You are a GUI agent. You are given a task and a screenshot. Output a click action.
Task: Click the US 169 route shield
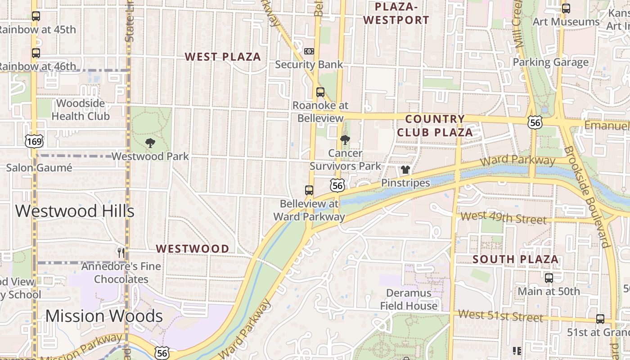pos(34,142)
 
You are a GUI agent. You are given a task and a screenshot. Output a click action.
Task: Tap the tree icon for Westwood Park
pos(150,143)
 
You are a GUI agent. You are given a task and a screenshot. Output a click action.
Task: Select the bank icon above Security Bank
pos(309,51)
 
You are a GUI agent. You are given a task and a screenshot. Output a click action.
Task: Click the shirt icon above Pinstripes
pos(405,170)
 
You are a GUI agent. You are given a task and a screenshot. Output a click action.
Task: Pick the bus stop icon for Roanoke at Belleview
pos(320,92)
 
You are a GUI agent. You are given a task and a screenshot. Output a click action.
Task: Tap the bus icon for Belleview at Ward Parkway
pos(309,190)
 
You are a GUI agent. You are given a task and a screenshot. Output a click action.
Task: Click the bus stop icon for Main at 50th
pos(549,278)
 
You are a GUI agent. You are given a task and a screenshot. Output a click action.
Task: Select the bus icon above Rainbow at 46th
pos(36,53)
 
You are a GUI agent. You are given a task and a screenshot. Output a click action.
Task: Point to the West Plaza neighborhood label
pos(223,57)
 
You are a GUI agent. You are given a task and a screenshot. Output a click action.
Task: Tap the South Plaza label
pos(516,259)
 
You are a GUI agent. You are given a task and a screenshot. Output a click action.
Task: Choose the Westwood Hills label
pos(75,211)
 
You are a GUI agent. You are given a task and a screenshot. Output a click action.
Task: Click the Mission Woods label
pos(104,316)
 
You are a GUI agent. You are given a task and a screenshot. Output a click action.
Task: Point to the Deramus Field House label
pos(409,299)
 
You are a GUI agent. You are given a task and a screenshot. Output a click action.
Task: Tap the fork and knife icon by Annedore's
pos(121,252)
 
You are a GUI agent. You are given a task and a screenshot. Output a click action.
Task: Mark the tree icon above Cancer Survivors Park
pos(345,139)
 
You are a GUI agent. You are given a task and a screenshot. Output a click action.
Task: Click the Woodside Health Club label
pos(81,110)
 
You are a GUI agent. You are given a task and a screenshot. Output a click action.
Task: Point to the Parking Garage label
pos(550,63)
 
